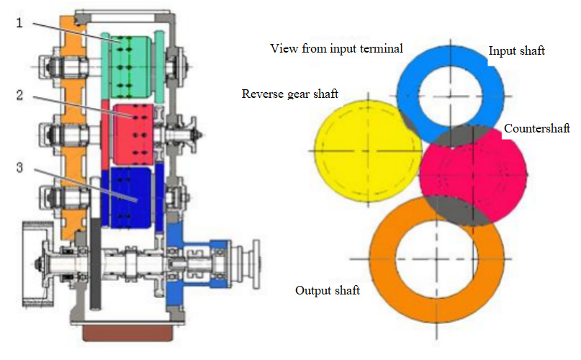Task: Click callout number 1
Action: pyautogui.click(x=19, y=23)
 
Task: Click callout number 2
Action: pyautogui.click(x=19, y=95)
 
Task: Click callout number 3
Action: pyautogui.click(x=19, y=168)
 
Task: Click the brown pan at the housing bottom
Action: pyautogui.click(x=128, y=333)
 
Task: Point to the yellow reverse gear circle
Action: pyautogui.click(x=368, y=151)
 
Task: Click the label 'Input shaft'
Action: pyautogui.click(x=516, y=51)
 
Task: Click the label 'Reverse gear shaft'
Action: pyautogui.click(x=289, y=94)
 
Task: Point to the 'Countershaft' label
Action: pyautogui.click(x=537, y=129)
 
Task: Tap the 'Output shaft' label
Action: pyautogui.click(x=328, y=290)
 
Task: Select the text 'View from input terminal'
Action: pyautogui.click(x=336, y=48)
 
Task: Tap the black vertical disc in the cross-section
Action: pyautogui.click(x=96, y=263)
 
